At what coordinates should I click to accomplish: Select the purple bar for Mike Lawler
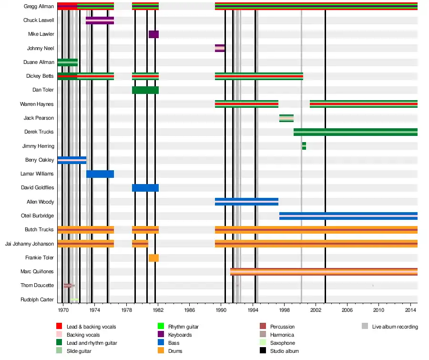(x=153, y=34)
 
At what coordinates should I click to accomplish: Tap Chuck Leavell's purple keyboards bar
(x=100, y=21)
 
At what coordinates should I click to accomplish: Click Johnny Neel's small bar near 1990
(x=220, y=48)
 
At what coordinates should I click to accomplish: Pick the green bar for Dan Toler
(x=145, y=90)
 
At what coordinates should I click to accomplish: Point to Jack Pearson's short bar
(x=286, y=118)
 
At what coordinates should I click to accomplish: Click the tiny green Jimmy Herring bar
(x=304, y=146)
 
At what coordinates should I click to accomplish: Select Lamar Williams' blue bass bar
(x=100, y=174)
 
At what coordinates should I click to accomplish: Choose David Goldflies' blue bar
(x=145, y=188)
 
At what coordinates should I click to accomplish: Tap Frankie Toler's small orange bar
(x=153, y=258)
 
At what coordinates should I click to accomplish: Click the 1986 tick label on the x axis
(x=190, y=310)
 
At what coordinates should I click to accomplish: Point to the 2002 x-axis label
(x=316, y=310)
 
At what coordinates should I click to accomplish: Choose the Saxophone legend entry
(x=282, y=343)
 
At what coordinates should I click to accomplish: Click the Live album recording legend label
(x=395, y=327)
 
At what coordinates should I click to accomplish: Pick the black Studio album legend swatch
(x=263, y=351)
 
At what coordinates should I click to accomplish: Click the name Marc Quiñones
(x=37, y=272)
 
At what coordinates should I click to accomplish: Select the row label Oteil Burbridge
(x=38, y=216)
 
